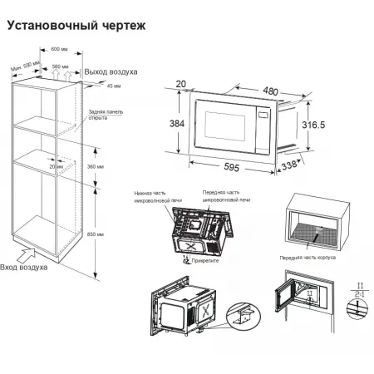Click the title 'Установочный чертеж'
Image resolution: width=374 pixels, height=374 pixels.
(x=76, y=26)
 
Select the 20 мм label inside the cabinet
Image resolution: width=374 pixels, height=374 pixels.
(x=55, y=166)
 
